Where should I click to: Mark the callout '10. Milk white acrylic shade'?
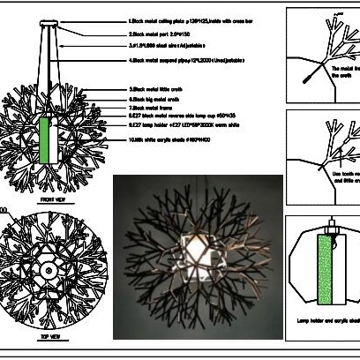169,140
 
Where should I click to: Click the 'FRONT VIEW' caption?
43,201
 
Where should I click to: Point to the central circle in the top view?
45,269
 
